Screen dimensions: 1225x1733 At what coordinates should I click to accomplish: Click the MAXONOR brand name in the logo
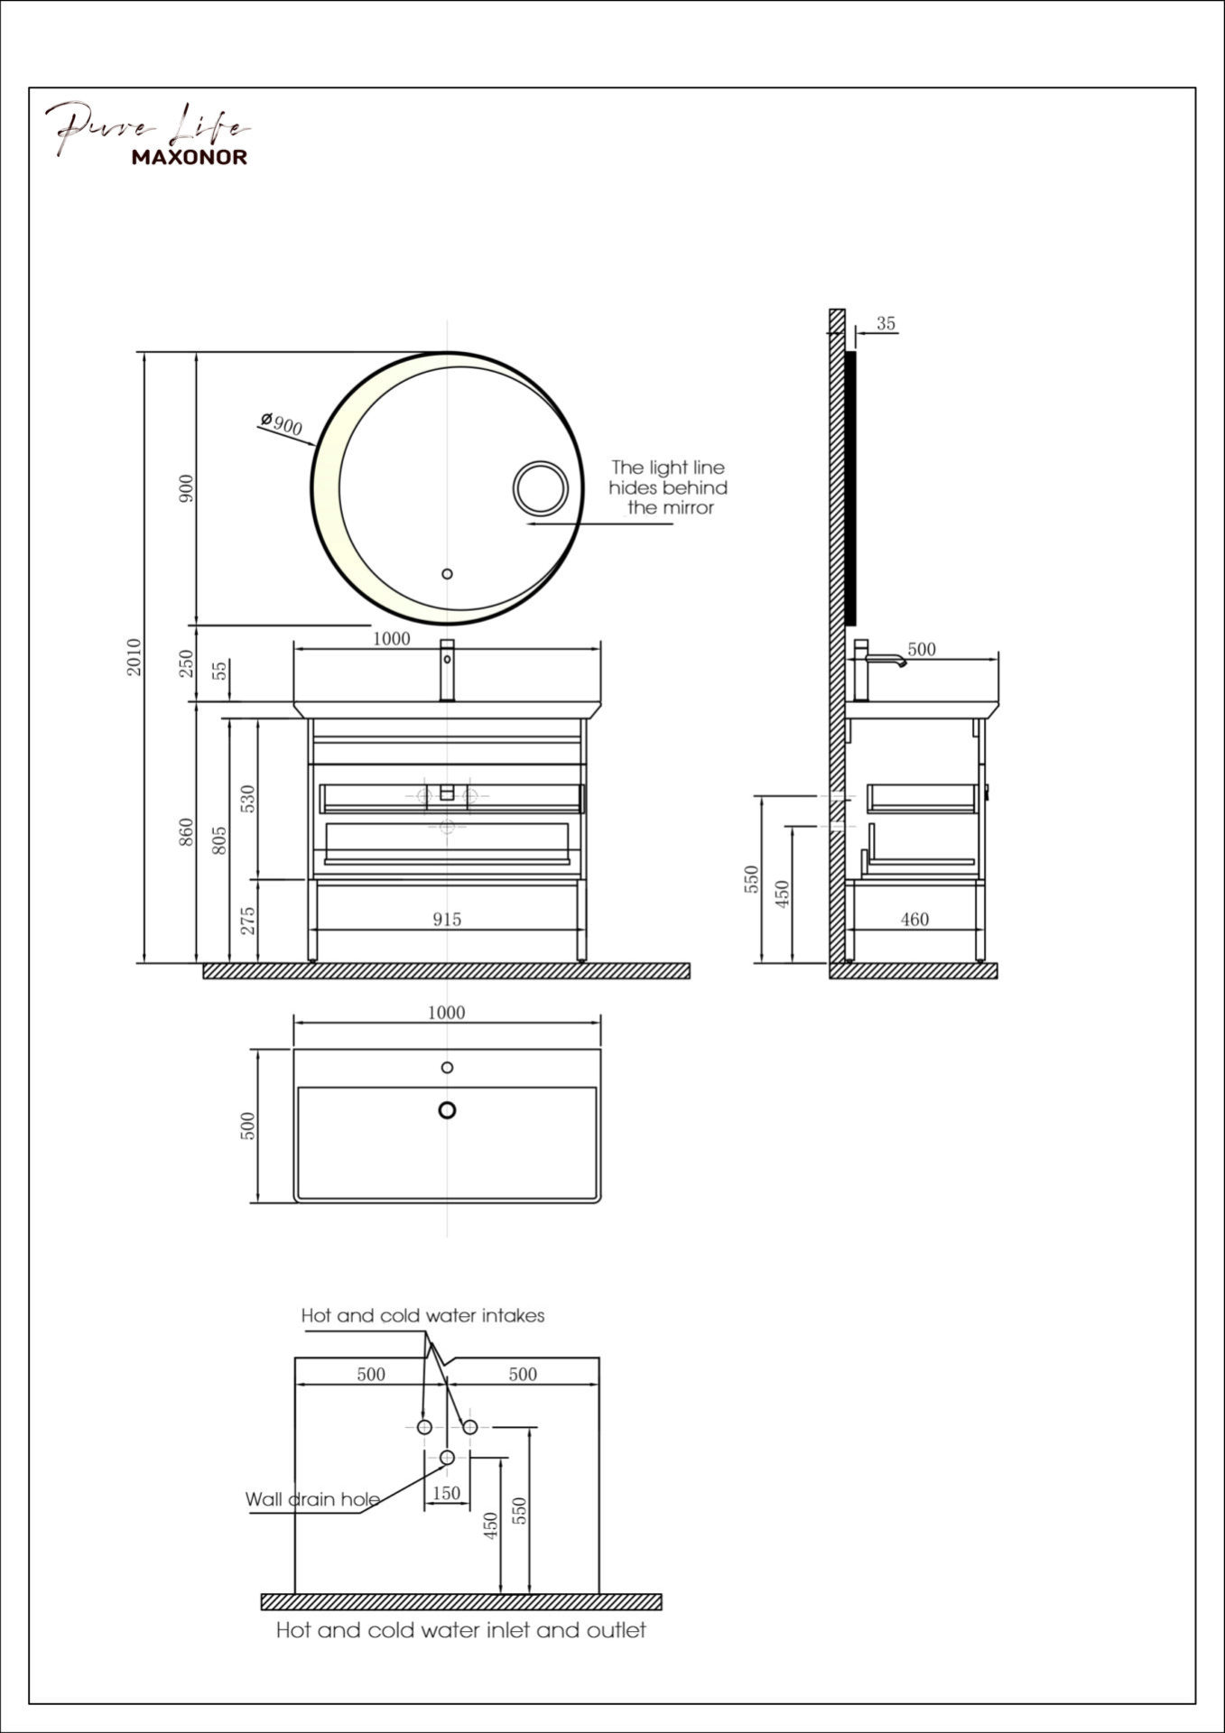pos(190,157)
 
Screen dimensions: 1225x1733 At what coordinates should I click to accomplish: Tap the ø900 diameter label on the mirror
pos(281,422)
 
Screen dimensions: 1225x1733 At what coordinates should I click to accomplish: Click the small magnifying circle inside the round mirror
pos(541,489)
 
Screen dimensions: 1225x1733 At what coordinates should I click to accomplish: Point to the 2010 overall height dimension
pos(134,657)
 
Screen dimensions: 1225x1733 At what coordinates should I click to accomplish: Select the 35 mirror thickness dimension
pos(886,323)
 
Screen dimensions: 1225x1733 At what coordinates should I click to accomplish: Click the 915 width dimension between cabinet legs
pos(446,919)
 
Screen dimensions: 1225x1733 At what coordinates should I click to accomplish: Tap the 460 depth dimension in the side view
pos(914,919)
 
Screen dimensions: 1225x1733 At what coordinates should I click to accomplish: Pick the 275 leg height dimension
pos(249,920)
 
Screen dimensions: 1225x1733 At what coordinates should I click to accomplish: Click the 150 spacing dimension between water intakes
pos(446,1493)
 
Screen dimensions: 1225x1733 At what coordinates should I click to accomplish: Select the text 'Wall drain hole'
pos(312,1499)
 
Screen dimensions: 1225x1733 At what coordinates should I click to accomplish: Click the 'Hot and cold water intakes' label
pos(422,1315)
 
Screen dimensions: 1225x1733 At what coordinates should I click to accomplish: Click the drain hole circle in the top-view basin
pos(447,1110)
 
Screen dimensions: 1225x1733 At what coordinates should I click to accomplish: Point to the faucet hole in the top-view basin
pos(447,1068)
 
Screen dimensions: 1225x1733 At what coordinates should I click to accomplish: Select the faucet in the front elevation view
pos(447,670)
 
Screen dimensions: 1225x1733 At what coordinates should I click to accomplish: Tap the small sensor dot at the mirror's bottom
pos(446,573)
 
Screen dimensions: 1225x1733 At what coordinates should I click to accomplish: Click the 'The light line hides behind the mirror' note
pos(668,487)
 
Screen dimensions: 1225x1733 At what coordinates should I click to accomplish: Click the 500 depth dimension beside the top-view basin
pos(249,1125)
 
